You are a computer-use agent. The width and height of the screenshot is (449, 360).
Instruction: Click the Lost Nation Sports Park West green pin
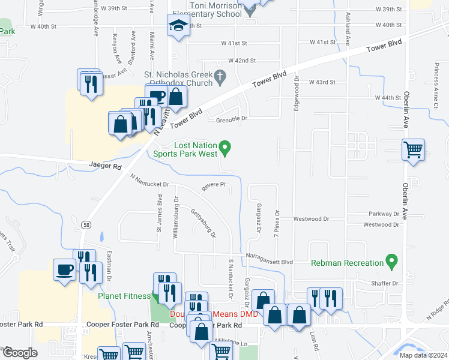tap(225, 146)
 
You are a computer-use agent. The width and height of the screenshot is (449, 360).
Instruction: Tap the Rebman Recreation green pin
tap(392, 262)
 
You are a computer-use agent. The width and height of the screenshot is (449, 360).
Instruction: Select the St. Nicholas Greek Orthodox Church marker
tap(220, 76)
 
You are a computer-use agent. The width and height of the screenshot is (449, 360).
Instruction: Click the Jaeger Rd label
tap(105, 166)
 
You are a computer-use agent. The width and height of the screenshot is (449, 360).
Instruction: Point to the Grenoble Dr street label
tap(232, 119)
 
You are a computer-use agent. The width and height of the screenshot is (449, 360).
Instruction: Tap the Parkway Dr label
tap(385, 214)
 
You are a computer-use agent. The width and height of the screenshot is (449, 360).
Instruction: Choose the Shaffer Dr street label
tap(385, 283)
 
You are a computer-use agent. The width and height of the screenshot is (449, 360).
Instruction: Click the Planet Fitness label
tap(124, 296)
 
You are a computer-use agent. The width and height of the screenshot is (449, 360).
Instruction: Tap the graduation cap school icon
tap(178, 26)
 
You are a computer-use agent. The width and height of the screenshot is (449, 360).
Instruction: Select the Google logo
tap(19, 353)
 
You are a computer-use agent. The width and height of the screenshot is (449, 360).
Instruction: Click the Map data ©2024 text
tap(423, 355)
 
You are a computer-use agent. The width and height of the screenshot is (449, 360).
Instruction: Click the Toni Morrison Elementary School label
tap(215, 10)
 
